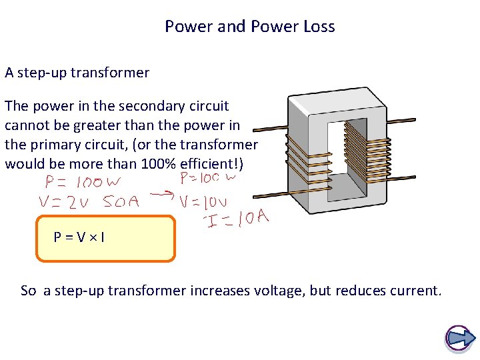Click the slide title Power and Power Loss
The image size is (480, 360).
(x=250, y=27)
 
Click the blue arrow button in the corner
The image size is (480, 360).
(x=459, y=338)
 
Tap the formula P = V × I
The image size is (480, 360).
(x=79, y=236)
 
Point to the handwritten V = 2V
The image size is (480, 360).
(x=67, y=202)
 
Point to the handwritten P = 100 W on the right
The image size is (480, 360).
(x=208, y=179)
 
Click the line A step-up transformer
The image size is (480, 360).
(x=77, y=73)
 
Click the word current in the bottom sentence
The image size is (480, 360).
(x=414, y=291)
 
